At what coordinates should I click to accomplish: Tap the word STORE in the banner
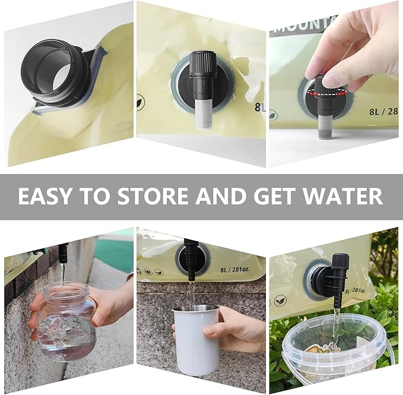156,195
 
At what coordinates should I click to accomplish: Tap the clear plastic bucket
336,351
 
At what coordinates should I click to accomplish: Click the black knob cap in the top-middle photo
201,62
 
